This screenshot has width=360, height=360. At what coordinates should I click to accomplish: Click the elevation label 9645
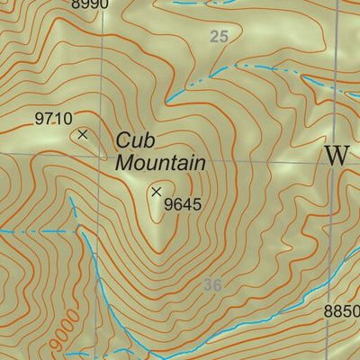tap(183, 204)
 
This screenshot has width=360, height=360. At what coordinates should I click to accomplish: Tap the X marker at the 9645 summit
tap(157, 191)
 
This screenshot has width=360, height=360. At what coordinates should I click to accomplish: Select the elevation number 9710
tap(53, 118)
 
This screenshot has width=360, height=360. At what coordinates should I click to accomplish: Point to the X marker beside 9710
tap(83, 134)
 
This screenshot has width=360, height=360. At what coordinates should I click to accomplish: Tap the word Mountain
tap(160, 163)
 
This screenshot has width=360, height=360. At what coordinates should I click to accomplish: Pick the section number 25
tap(219, 37)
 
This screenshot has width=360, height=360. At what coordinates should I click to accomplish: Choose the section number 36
tap(212, 285)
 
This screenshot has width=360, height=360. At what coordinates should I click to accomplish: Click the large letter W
tap(337, 155)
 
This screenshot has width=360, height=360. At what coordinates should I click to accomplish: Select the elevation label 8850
tap(342, 311)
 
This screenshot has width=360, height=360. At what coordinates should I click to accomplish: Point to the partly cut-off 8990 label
tap(89, 4)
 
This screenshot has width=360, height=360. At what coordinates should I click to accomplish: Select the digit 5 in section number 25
tap(223, 37)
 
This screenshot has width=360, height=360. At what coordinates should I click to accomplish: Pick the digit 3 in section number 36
tap(208, 285)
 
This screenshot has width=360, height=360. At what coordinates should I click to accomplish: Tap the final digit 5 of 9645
tap(196, 204)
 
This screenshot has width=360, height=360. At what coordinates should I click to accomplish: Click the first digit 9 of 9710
tap(40, 118)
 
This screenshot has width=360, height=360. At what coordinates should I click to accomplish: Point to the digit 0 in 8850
tap(355, 311)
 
